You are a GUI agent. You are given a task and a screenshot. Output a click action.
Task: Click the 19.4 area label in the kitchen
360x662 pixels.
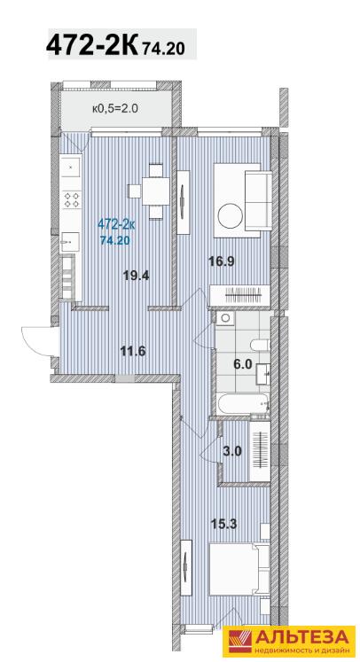[137, 276]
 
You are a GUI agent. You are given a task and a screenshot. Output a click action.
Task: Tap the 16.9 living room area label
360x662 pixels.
[221, 261]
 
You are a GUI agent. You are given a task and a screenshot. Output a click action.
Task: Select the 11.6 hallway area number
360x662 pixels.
[133, 351]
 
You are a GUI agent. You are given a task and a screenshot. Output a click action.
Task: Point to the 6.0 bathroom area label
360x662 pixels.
[243, 363]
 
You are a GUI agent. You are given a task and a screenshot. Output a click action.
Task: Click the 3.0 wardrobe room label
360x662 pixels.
[232, 451]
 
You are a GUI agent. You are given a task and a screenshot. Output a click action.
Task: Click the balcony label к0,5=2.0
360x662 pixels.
[115, 108]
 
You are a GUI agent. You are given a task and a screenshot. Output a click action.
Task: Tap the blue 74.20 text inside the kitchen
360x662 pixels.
[114, 241]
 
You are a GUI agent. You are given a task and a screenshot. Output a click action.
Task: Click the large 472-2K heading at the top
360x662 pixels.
[92, 44]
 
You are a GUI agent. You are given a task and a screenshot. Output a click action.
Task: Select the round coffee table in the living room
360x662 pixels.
[230, 215]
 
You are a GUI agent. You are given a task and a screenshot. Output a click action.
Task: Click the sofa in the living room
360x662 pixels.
[258, 200]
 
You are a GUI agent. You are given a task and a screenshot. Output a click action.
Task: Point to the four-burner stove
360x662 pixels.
[72, 199]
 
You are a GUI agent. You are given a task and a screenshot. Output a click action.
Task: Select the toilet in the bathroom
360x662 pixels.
[260, 346]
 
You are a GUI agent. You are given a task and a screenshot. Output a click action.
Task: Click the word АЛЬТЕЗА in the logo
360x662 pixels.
[301, 636]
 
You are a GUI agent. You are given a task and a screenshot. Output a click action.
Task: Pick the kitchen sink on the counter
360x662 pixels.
[70, 242]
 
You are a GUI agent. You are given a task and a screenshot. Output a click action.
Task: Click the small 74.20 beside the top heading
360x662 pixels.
[164, 50]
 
